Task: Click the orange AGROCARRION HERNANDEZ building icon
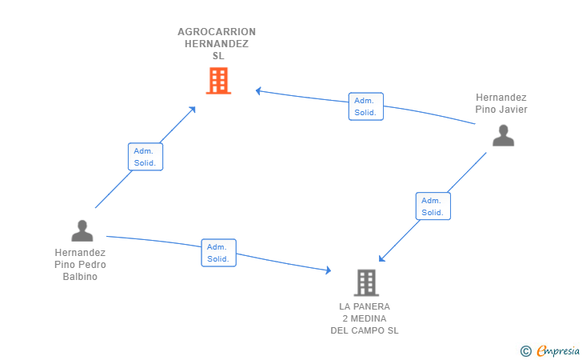(218, 80)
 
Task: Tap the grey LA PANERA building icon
(365, 282)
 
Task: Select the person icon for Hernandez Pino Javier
(503, 135)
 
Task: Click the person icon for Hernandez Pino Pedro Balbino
(82, 230)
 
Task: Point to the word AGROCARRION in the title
(217, 32)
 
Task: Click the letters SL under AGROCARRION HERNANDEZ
(218, 56)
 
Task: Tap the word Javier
(512, 110)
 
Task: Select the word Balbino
(80, 277)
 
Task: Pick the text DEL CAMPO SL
(365, 330)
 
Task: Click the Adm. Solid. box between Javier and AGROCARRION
(365, 106)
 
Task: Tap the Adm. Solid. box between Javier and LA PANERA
(433, 206)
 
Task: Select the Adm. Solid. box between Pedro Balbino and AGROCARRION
(145, 157)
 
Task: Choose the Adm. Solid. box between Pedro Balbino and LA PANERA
(218, 253)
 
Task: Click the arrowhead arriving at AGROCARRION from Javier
(258, 90)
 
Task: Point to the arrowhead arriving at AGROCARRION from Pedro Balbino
(193, 109)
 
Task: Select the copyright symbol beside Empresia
(525, 350)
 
